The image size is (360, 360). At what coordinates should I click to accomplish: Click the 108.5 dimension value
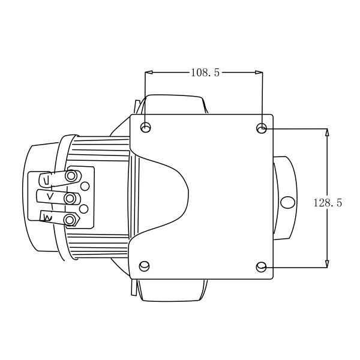point(205,73)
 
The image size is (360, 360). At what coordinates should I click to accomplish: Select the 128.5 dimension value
point(328,203)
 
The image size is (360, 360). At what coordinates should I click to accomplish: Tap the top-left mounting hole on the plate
point(145,128)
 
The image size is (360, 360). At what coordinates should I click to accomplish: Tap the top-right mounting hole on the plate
point(262,128)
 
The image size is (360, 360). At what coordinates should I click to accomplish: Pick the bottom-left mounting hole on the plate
point(144,266)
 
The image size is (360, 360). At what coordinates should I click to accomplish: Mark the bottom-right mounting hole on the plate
point(261,266)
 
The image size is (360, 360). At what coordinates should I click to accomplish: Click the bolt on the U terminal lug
point(72,176)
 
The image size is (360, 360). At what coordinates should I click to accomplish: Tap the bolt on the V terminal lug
point(70,198)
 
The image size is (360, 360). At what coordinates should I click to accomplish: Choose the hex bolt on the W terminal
point(71,220)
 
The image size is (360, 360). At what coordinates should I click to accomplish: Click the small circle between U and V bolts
point(85,186)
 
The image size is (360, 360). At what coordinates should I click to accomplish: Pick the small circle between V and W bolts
point(84,209)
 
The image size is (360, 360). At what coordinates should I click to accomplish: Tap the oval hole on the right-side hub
point(288,202)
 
